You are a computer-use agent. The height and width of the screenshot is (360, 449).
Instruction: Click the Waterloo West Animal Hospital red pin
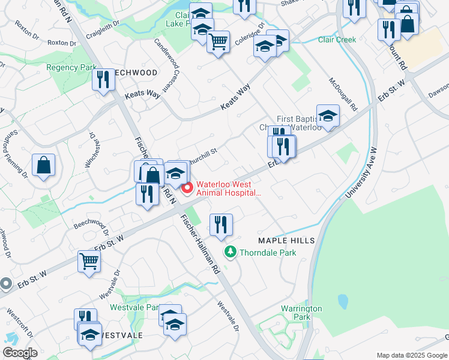coord(187,188)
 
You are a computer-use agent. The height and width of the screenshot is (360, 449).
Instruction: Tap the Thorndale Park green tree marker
coord(229,253)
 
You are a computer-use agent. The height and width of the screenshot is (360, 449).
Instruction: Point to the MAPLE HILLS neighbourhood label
coord(286,241)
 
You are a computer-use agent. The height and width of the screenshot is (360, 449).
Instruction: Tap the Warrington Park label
coord(302,313)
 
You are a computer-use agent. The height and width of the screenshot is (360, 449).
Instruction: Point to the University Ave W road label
coord(366,175)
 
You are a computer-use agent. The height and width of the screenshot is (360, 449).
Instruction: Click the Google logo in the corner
coord(20,353)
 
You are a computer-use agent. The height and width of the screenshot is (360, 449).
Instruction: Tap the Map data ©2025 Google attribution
coord(412,355)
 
